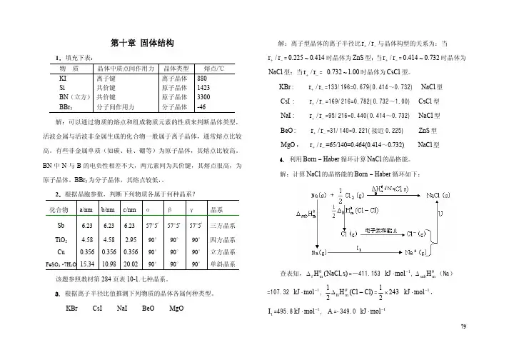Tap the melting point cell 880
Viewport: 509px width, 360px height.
(x=202, y=78)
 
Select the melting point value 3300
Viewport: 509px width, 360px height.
(x=203, y=96)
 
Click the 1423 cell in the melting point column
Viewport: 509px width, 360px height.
(x=203, y=87)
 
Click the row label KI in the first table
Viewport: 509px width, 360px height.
(x=63, y=78)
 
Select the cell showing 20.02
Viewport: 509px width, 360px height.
(x=130, y=264)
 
